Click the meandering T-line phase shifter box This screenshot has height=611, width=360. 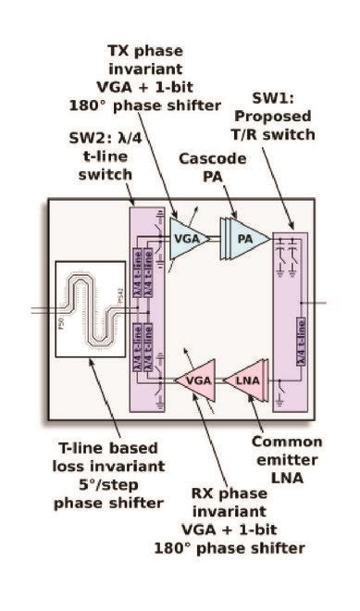[90, 311]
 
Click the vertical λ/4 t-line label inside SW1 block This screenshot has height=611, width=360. [300, 356]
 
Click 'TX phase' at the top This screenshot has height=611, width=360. [168, 50]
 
